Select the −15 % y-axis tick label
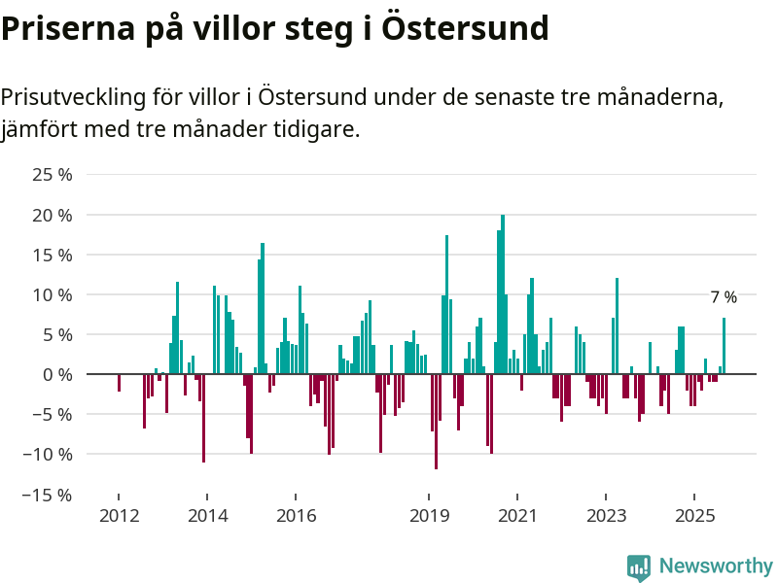(50, 494)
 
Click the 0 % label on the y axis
(59, 374)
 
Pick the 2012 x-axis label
(118, 515)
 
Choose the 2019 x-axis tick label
(429, 515)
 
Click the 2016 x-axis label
(296, 515)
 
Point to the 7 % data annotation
(723, 297)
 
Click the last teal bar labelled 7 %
(724, 346)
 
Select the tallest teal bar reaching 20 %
(503, 291)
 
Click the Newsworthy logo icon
(639, 567)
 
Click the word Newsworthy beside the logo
(716, 566)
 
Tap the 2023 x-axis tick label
(606, 515)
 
